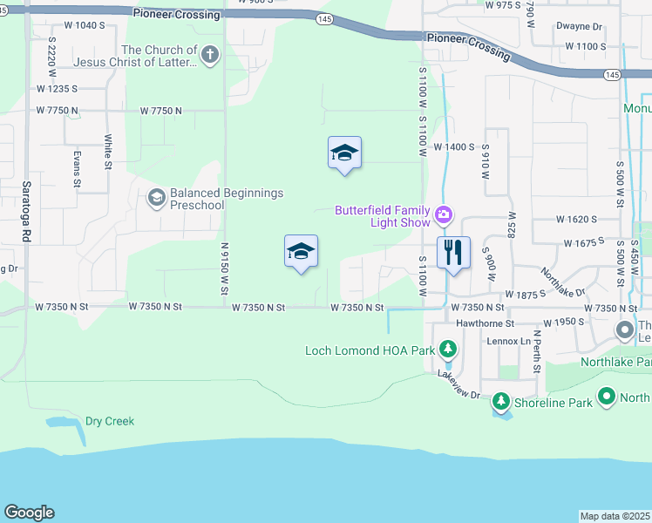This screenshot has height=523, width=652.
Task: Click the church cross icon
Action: pos(208,56)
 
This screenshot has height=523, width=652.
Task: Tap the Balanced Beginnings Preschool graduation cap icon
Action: pos(156,198)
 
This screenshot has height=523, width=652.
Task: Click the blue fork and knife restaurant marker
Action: pos(452,253)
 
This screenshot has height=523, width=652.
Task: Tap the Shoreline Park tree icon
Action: pos(500,401)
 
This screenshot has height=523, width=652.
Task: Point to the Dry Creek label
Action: pos(110,421)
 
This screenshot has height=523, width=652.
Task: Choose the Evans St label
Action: pos(77,169)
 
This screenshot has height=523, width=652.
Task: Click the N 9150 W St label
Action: pos(224,268)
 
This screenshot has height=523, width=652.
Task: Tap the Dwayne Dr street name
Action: pos(580,26)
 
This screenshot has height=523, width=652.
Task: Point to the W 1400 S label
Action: pos(453,147)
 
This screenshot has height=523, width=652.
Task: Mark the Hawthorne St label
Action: pos(485,323)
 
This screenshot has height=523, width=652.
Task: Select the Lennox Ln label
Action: pos(508,341)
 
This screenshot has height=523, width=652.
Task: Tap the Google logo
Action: pos(29,513)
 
